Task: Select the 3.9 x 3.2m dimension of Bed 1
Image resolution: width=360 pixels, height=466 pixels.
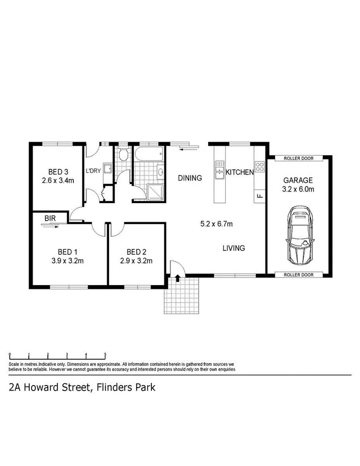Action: [x=67, y=260]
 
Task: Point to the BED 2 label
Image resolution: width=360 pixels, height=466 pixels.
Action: [x=136, y=252]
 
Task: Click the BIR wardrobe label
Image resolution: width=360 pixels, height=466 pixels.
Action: [x=50, y=218]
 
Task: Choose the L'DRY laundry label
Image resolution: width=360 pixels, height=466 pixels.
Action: [x=94, y=171]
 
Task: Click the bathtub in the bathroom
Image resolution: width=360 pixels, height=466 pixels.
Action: [x=148, y=154]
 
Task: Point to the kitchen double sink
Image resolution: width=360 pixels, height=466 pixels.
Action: [x=219, y=170]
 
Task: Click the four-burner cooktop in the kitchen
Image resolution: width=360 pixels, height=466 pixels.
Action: [x=259, y=166]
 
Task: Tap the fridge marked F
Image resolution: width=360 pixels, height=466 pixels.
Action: [x=259, y=195]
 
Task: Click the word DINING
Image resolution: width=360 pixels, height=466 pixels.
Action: [x=190, y=178]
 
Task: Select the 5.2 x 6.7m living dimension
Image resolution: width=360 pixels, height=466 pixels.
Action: [x=216, y=224]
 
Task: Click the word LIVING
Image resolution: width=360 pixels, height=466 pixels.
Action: [x=234, y=248]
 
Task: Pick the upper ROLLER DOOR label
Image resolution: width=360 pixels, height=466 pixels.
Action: [x=298, y=158]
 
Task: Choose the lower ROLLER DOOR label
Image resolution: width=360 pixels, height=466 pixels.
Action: [x=298, y=275]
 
